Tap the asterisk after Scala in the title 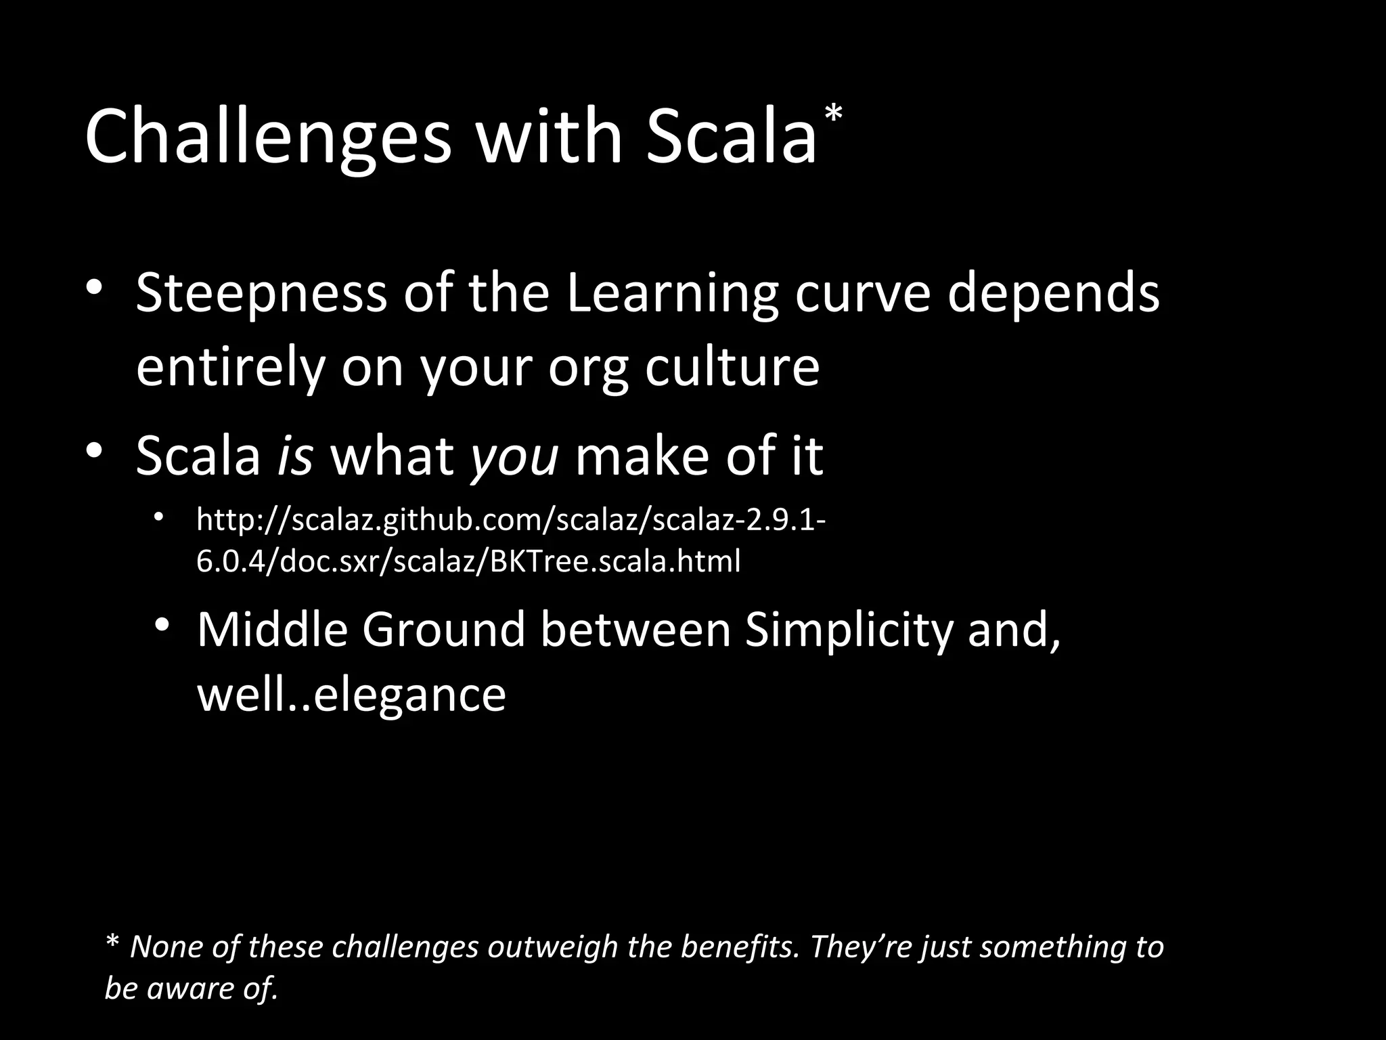coord(833,115)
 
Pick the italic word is coord(294,455)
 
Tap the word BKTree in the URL coord(533,561)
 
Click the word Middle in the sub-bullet coord(271,629)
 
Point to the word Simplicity coord(849,630)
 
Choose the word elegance coord(409,695)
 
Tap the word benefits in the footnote coord(740,946)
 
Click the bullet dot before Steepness coord(93,287)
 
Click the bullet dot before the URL coord(158,518)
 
